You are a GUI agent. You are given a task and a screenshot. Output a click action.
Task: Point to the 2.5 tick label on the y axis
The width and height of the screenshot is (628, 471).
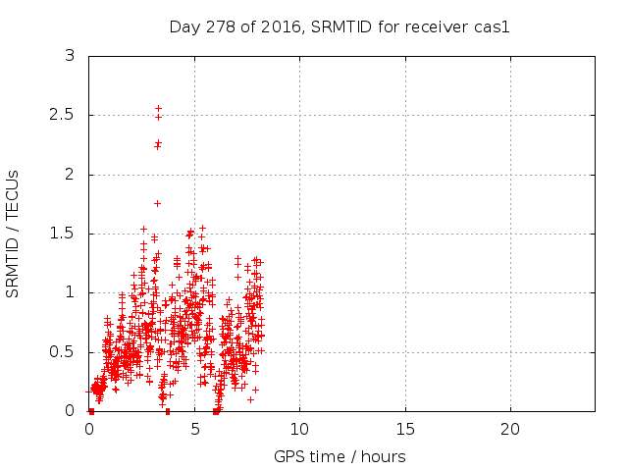coord(63,116)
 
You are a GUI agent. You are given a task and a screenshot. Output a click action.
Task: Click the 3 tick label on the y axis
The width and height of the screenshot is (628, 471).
coord(70,56)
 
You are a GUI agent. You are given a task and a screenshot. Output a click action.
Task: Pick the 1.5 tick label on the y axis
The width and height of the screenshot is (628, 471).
coord(63,234)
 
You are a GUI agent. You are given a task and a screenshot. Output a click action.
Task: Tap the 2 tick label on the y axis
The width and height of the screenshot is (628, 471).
coord(70,175)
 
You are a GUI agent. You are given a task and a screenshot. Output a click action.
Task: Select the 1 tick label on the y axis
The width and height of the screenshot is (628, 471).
coord(70,292)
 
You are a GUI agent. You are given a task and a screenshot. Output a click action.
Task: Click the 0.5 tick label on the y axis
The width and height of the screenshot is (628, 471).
coord(63,351)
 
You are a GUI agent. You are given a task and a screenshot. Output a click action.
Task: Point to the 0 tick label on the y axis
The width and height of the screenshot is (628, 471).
coord(70,410)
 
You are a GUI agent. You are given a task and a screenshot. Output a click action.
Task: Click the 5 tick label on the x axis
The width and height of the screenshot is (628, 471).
coord(194,430)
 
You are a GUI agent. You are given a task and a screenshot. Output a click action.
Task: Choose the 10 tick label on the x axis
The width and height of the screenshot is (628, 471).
coord(299,430)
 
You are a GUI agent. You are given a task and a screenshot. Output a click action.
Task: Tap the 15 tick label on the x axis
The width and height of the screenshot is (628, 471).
coord(404,430)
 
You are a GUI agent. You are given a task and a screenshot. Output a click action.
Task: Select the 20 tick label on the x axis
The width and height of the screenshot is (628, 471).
coord(509,430)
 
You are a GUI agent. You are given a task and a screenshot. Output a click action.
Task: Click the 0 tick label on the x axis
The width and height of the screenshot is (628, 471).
coord(89,430)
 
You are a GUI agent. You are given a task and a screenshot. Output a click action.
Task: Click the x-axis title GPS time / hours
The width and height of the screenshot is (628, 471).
coord(340,456)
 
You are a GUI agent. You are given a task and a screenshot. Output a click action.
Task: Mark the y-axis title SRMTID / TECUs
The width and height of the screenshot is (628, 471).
coord(13,233)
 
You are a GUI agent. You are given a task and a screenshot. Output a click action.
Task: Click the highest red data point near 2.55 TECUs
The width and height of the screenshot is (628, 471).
coord(158,108)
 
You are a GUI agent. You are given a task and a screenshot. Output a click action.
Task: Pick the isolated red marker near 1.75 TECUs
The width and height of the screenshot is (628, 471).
coord(157,203)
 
